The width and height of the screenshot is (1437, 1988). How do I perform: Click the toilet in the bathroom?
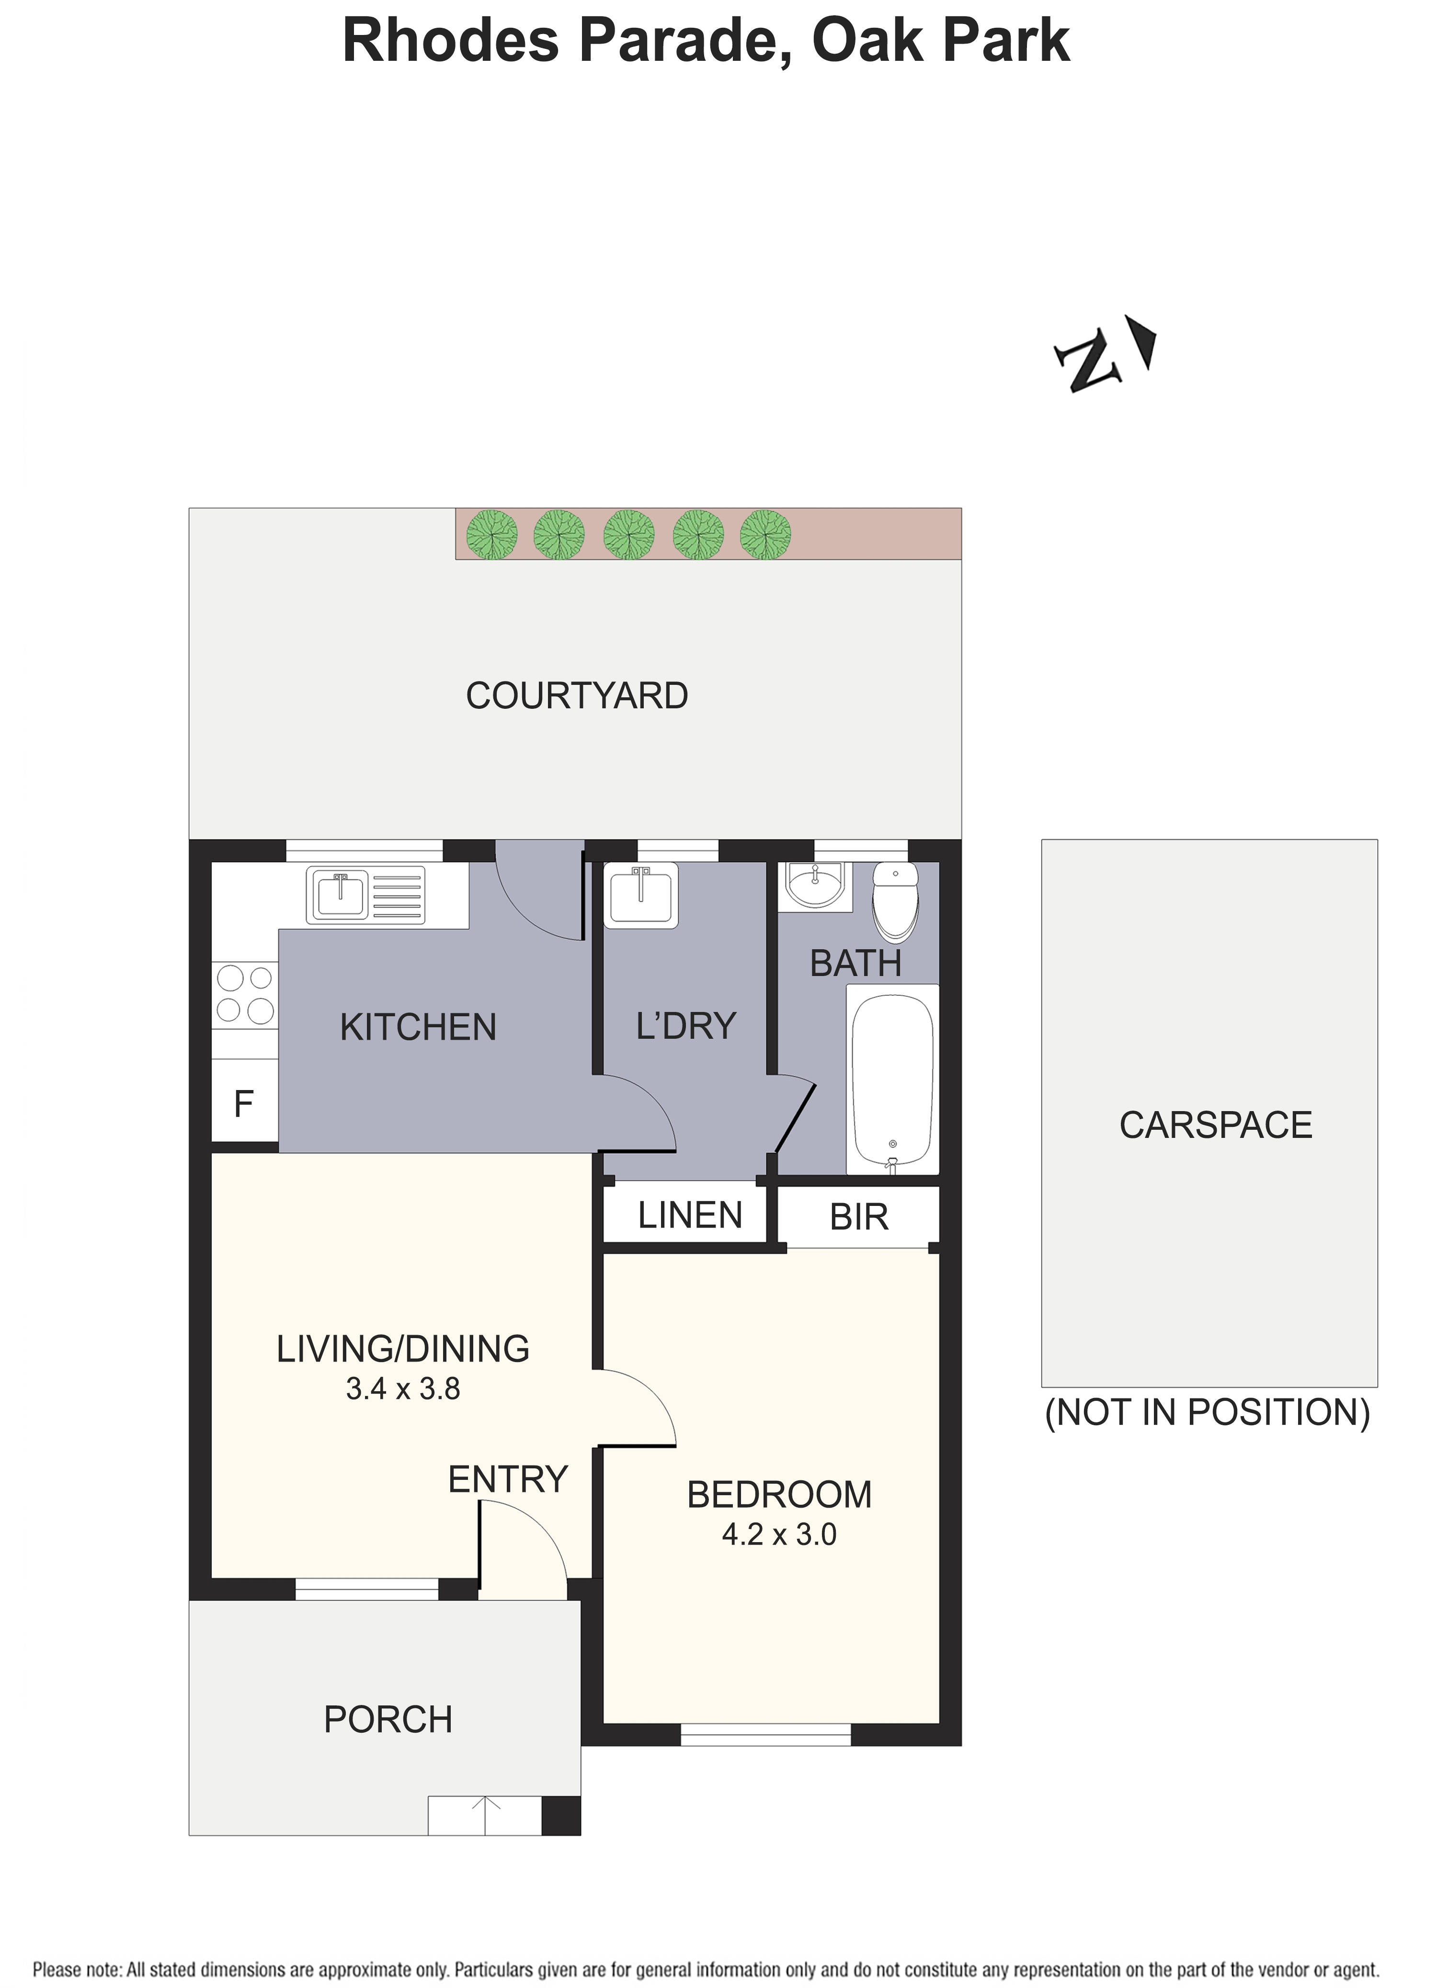pyautogui.click(x=895, y=900)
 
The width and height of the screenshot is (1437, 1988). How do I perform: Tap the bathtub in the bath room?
pyautogui.click(x=892, y=1079)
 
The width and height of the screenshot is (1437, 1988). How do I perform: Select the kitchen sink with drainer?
pyautogui.click(x=365, y=895)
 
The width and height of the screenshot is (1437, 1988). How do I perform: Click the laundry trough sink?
pyautogui.click(x=641, y=894)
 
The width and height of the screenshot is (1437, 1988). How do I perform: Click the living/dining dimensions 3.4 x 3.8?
pyautogui.click(x=403, y=1388)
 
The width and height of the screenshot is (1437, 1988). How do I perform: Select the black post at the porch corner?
pyautogui.click(x=561, y=1815)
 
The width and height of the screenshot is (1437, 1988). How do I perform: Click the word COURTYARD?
pyautogui.click(x=577, y=696)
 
